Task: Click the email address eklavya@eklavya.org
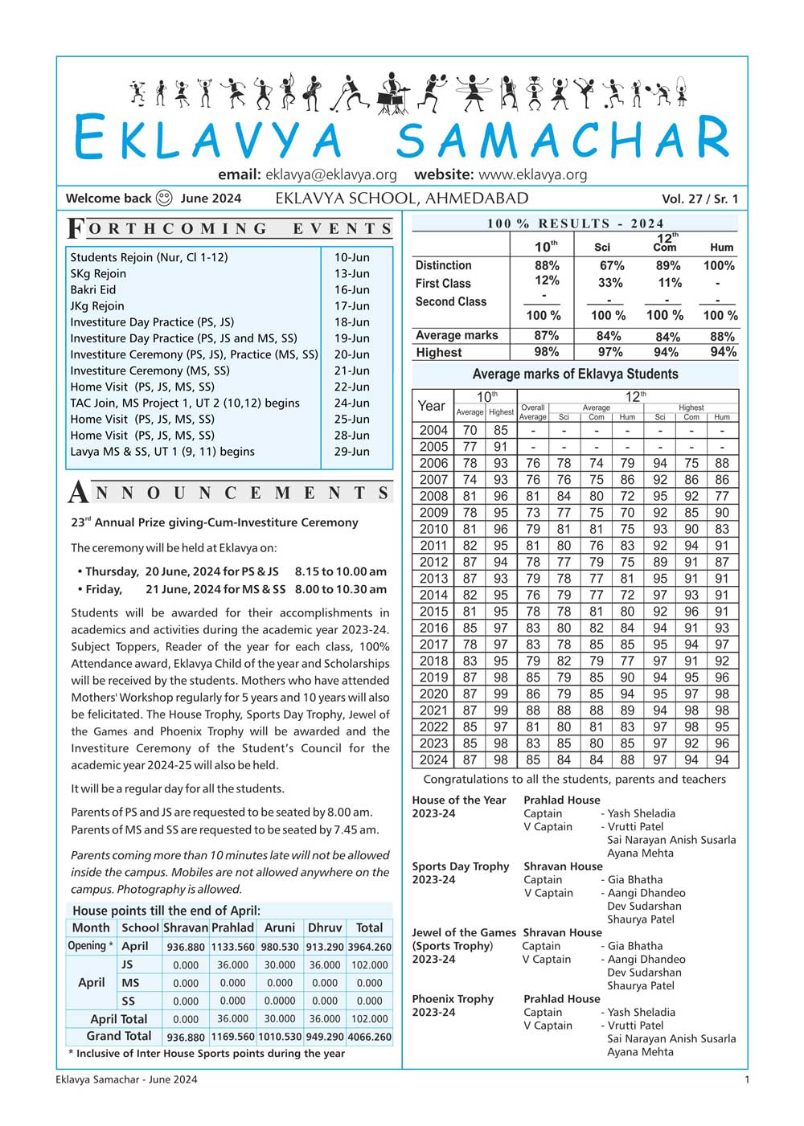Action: (x=331, y=174)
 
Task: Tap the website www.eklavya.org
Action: (x=532, y=174)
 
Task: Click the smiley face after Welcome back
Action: (x=164, y=198)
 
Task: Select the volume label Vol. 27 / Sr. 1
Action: (x=699, y=199)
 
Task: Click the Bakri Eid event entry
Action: (x=93, y=289)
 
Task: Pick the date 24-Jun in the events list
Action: (x=352, y=403)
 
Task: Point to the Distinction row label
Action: (x=443, y=265)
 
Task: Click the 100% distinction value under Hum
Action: (x=719, y=265)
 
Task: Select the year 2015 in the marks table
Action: (x=433, y=612)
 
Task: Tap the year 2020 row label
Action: (x=433, y=694)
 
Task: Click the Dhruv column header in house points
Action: (x=325, y=927)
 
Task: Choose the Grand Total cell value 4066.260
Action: (x=370, y=1037)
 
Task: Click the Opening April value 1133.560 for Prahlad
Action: (x=232, y=947)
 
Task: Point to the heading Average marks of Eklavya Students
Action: (x=575, y=374)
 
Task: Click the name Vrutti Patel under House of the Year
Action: (x=635, y=826)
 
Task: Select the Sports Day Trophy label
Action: (x=461, y=866)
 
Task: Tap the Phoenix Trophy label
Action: (x=453, y=999)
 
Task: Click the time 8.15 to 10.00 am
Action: (x=341, y=571)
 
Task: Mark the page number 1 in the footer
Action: (x=747, y=1079)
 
